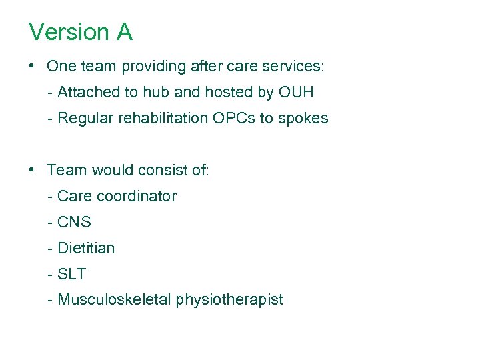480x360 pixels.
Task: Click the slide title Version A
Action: (x=81, y=32)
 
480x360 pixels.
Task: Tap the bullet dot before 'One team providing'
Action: (x=32, y=67)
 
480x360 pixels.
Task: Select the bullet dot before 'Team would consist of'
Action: (x=32, y=170)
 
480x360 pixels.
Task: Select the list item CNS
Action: (x=74, y=222)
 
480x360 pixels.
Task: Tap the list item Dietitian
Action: (x=86, y=248)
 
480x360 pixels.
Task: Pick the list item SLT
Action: (x=72, y=274)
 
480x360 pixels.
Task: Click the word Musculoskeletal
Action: (x=115, y=300)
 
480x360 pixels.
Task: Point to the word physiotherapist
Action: (x=229, y=300)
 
